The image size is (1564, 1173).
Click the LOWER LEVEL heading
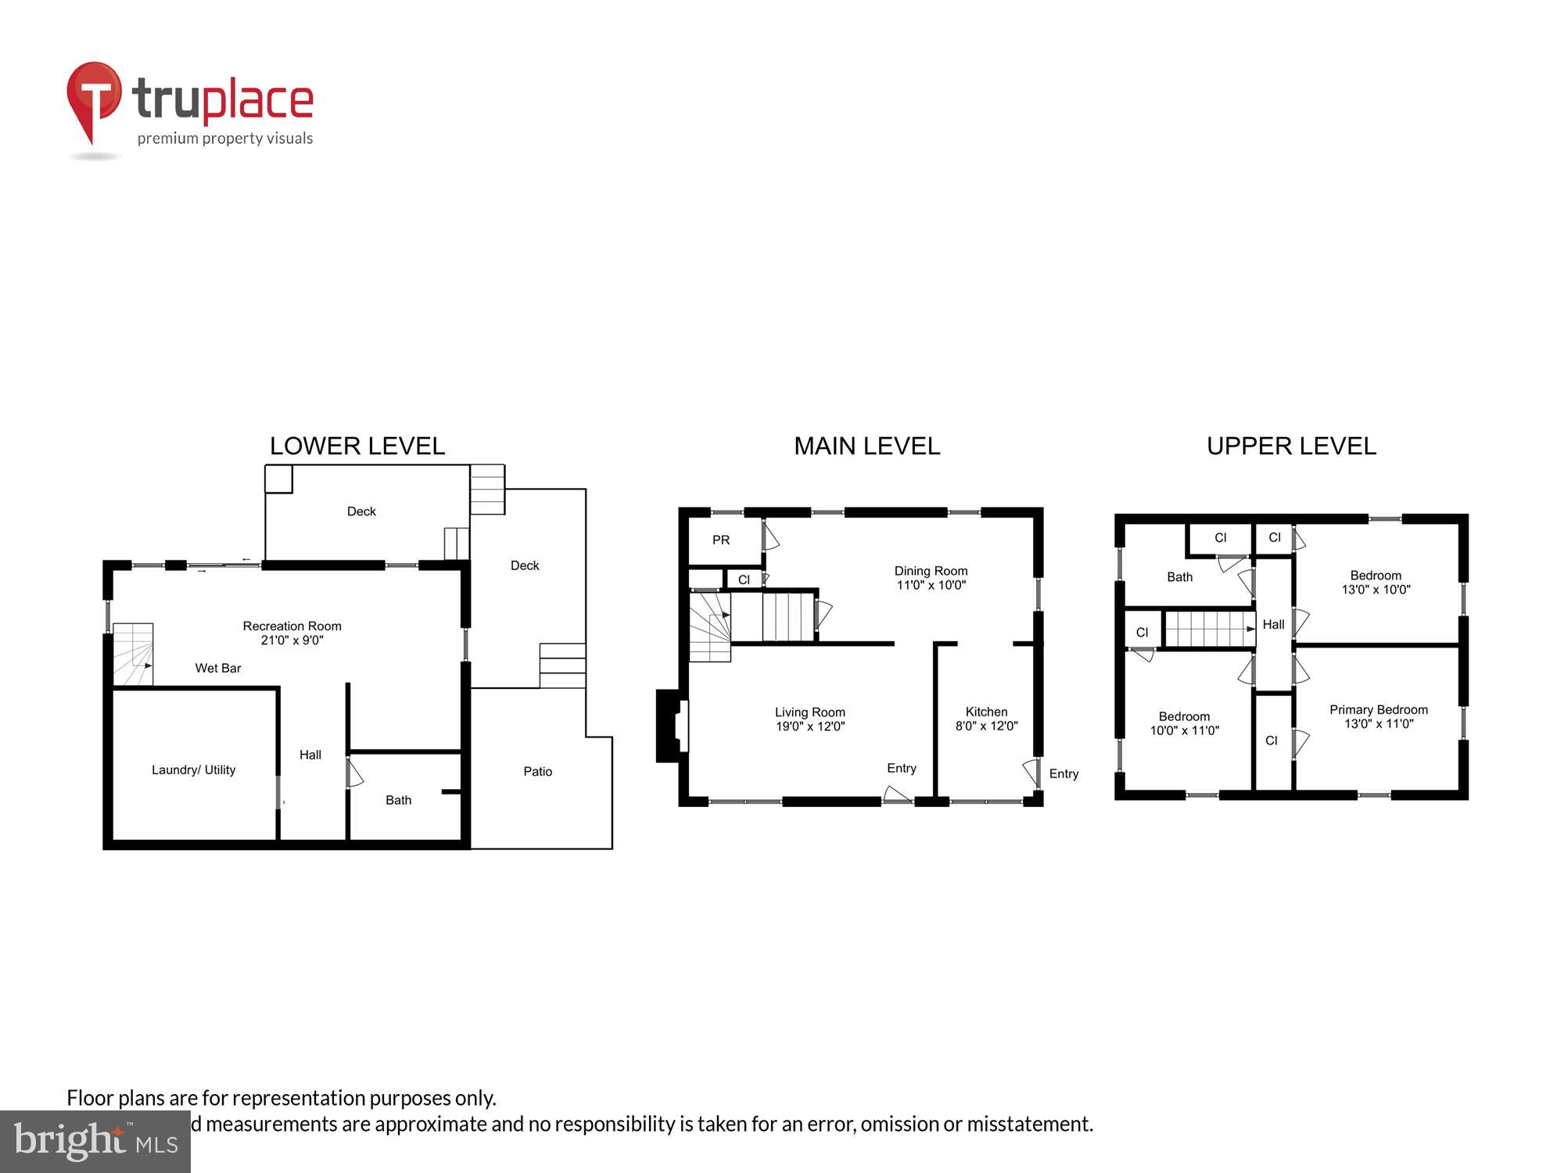pyautogui.click(x=357, y=446)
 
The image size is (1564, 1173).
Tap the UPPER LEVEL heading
pyautogui.click(x=1291, y=446)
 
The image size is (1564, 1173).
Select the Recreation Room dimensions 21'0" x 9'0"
pyautogui.click(x=292, y=640)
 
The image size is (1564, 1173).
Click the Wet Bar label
pyautogui.click(x=217, y=668)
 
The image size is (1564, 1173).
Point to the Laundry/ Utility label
pyautogui.click(x=193, y=769)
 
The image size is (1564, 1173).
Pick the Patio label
pyautogui.click(x=537, y=771)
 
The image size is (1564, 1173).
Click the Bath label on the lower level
pyautogui.click(x=398, y=800)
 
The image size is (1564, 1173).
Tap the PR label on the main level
pyautogui.click(x=721, y=540)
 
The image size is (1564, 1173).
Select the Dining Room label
pyautogui.click(x=931, y=571)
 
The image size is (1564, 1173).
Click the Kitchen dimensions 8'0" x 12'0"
pyautogui.click(x=986, y=726)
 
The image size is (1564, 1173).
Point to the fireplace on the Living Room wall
pyautogui.click(x=671, y=725)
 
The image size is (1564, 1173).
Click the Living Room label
pyautogui.click(x=809, y=712)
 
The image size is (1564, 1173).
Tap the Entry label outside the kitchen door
pyautogui.click(x=1064, y=773)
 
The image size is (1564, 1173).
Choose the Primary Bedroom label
pyautogui.click(x=1378, y=709)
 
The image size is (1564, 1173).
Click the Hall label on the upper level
pyautogui.click(x=1273, y=624)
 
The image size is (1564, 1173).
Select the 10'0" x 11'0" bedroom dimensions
pyautogui.click(x=1184, y=730)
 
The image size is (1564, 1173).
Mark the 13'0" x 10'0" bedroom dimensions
pyautogui.click(x=1376, y=590)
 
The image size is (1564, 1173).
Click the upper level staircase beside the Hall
pyautogui.click(x=1209, y=629)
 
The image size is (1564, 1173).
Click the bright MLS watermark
pyautogui.click(x=95, y=1142)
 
